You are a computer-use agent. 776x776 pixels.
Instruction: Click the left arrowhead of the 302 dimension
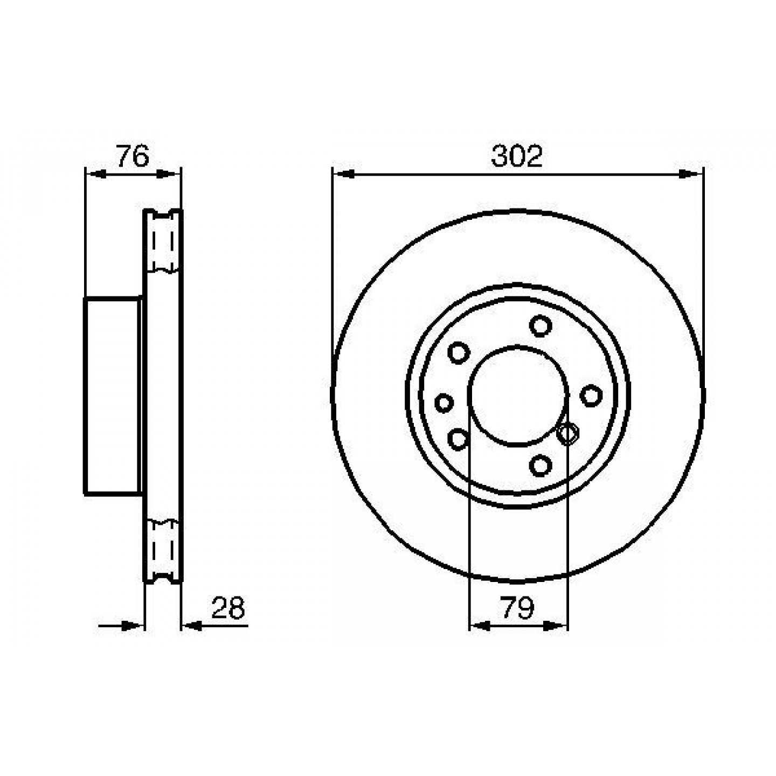[x=343, y=174]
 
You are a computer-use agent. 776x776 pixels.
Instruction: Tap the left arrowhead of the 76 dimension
[x=96, y=174]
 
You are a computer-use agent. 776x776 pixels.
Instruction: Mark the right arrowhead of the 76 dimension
[x=167, y=174]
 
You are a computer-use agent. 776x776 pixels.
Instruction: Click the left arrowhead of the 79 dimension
[x=480, y=637]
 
